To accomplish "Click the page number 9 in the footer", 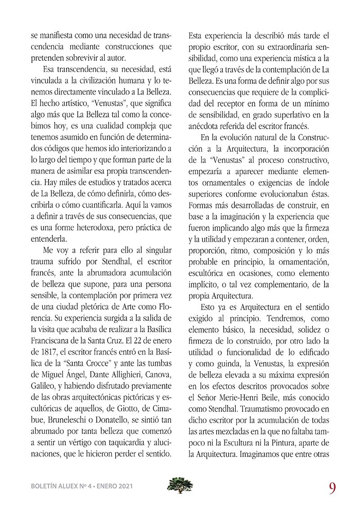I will click(333, 487).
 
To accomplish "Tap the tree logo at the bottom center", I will click(180, 485).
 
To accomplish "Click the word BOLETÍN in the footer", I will click(43, 486).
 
